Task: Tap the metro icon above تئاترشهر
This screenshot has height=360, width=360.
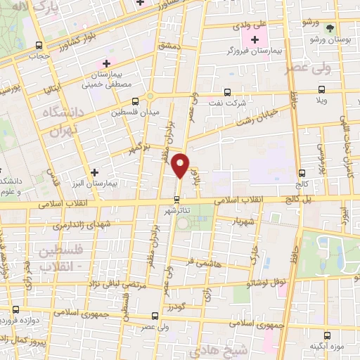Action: click(177, 198)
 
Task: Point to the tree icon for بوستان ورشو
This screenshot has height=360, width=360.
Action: click(330, 28)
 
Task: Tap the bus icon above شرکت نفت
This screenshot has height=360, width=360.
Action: click(226, 92)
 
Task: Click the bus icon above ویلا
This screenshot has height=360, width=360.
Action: click(322, 89)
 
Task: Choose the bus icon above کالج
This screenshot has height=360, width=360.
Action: click(301, 173)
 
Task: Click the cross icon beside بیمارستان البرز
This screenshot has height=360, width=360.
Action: click(96, 172)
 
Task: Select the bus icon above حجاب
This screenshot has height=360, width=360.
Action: click(39, 45)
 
